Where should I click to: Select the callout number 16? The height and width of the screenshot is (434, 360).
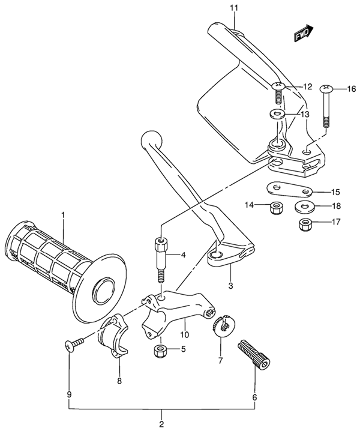coord(350,89)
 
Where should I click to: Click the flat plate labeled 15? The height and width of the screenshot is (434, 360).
coord(290,190)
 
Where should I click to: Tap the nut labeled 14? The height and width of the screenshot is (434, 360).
coord(277,208)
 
